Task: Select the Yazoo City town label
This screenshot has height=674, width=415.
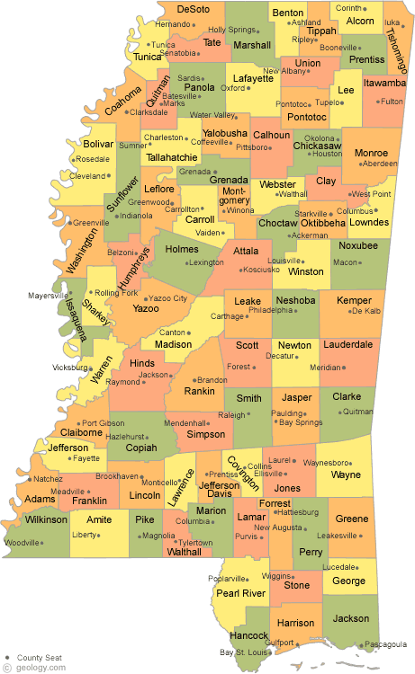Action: pyautogui.click(x=167, y=297)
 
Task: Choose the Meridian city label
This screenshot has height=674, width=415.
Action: pyautogui.click(x=326, y=367)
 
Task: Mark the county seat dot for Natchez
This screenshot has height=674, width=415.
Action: pyautogui.click(x=32, y=479)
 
